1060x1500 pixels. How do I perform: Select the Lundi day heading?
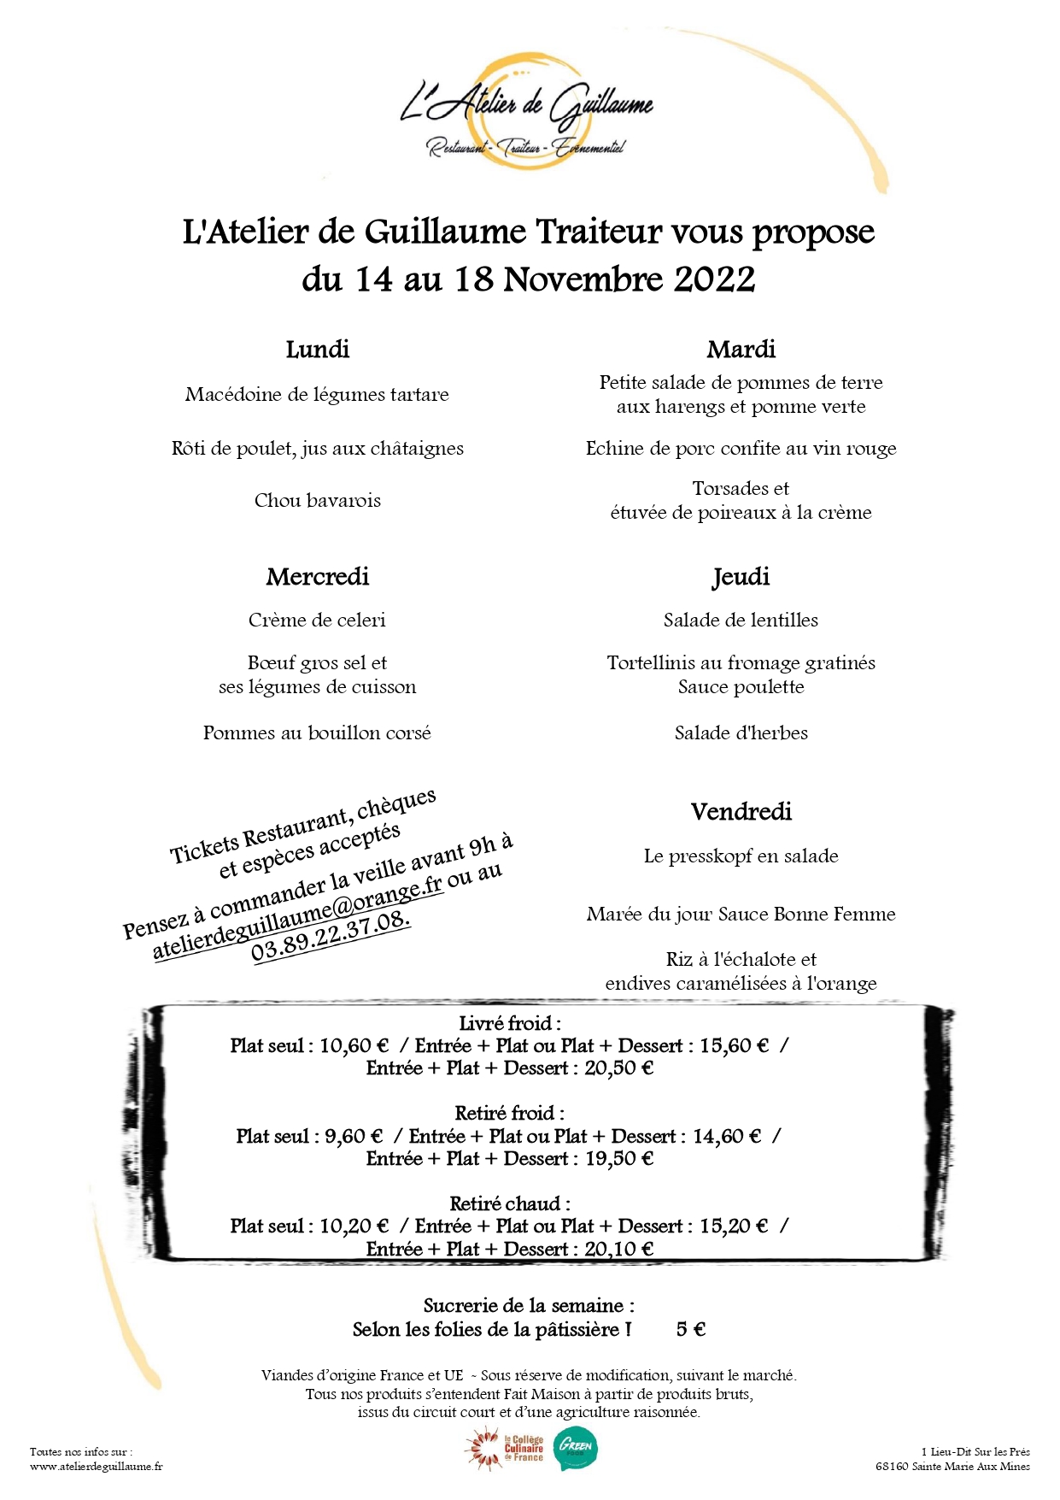click(x=318, y=349)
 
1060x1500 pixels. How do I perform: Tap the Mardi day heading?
click(x=741, y=349)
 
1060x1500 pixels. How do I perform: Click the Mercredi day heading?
click(x=318, y=576)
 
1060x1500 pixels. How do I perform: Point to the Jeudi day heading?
click(x=741, y=577)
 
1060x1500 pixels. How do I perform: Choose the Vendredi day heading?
click(x=741, y=811)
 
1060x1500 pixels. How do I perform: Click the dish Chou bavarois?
click(x=318, y=500)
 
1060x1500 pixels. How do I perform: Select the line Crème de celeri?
click(x=318, y=620)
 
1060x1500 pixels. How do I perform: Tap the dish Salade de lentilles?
click(x=741, y=620)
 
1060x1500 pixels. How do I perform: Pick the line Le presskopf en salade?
click(x=741, y=856)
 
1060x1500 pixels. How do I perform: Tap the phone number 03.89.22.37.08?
click(x=331, y=936)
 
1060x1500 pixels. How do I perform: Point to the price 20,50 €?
click(x=619, y=1068)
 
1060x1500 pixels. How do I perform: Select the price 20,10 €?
click(x=619, y=1249)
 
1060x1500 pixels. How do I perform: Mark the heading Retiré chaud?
click(x=509, y=1203)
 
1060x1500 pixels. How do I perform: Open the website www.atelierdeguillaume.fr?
click(x=97, y=1466)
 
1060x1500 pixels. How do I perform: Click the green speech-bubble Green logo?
click(x=577, y=1450)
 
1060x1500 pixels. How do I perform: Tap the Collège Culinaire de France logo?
click(x=506, y=1450)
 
